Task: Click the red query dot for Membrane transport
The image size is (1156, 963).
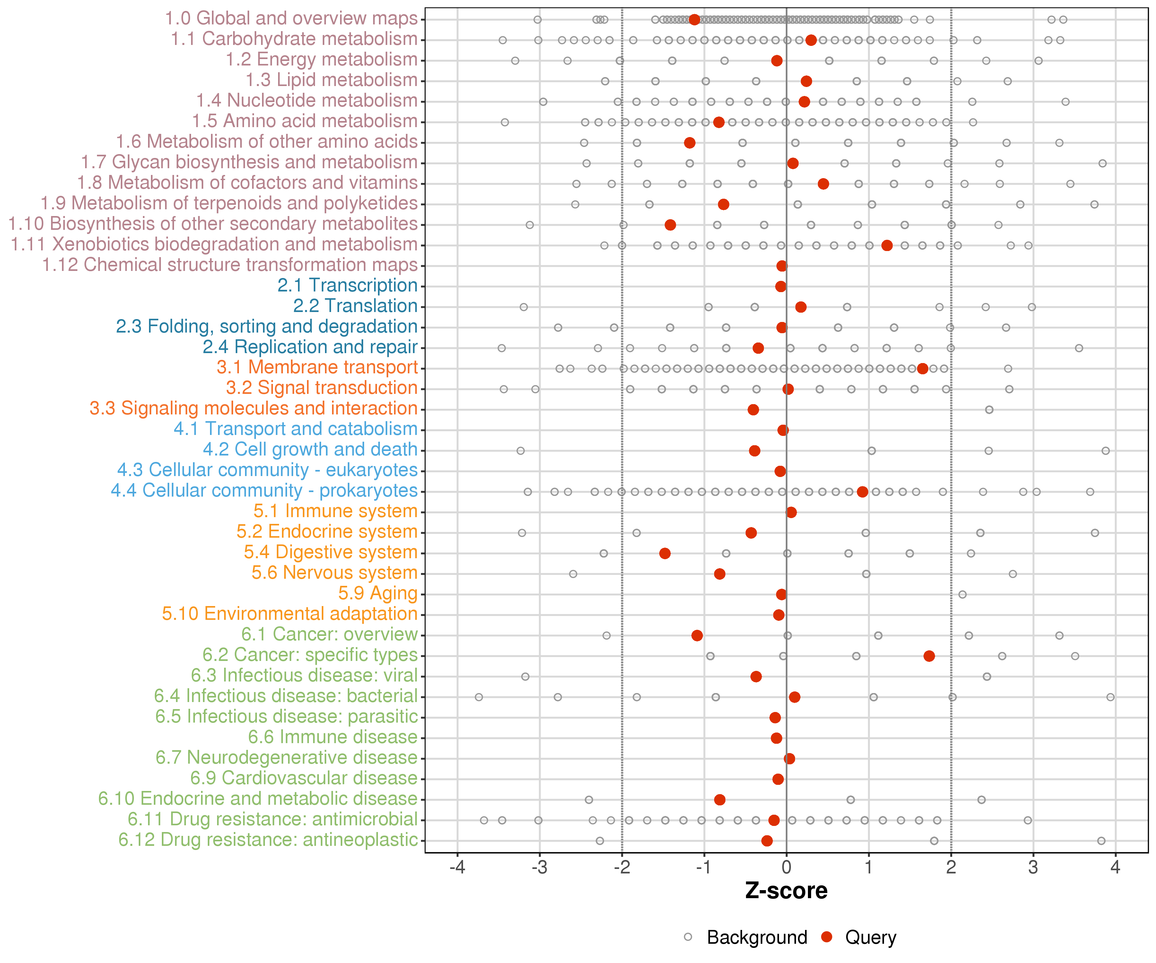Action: coord(923,369)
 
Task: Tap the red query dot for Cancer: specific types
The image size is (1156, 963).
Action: coord(929,656)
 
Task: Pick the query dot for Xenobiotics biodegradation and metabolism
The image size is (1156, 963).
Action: coord(887,246)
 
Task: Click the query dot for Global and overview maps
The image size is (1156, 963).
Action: coord(695,20)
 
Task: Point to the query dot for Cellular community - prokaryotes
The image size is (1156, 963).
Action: coord(863,492)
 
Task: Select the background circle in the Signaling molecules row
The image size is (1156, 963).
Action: coord(989,410)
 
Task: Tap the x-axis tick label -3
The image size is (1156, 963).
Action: coord(539,868)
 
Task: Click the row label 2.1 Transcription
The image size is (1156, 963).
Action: coord(347,286)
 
